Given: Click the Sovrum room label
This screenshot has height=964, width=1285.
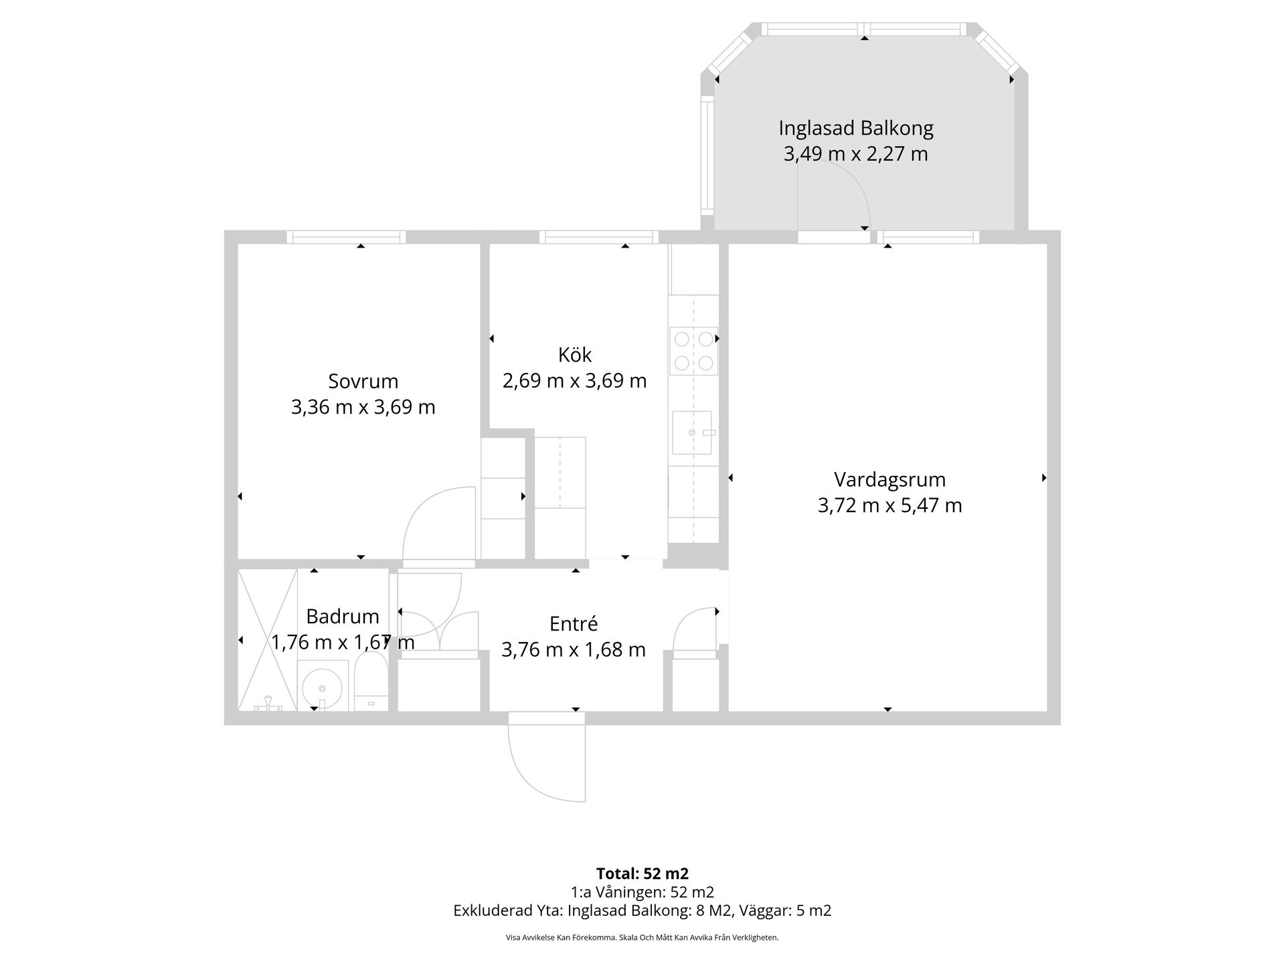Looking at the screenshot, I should pyautogui.click(x=363, y=381).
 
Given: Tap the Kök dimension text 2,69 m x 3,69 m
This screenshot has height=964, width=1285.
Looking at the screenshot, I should pyautogui.click(x=574, y=381).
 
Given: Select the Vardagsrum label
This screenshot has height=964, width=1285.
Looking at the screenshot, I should pyautogui.click(x=889, y=479).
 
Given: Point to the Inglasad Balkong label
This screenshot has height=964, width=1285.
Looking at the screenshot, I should pyautogui.click(x=855, y=128).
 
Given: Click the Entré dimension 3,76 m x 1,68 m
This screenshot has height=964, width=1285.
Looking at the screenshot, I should pyautogui.click(x=573, y=649).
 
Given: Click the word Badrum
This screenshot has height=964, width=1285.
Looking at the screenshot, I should pyautogui.click(x=342, y=616).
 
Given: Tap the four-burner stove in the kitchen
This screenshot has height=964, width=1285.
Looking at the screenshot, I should pyautogui.click(x=693, y=351).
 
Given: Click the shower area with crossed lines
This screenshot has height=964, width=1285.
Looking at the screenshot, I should pyautogui.click(x=267, y=639).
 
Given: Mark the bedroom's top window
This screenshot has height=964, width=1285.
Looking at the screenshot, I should pyautogui.click(x=346, y=237).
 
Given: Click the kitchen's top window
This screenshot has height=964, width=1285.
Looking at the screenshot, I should pyautogui.click(x=598, y=237).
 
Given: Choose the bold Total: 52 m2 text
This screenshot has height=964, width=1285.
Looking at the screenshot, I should pyautogui.click(x=642, y=873).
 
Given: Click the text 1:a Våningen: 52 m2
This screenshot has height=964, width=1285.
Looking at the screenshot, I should pyautogui.click(x=642, y=892).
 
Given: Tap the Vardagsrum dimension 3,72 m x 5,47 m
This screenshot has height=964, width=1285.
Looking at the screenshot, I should pyautogui.click(x=889, y=505).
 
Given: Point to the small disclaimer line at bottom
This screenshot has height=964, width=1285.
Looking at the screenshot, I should pyautogui.click(x=642, y=938).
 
